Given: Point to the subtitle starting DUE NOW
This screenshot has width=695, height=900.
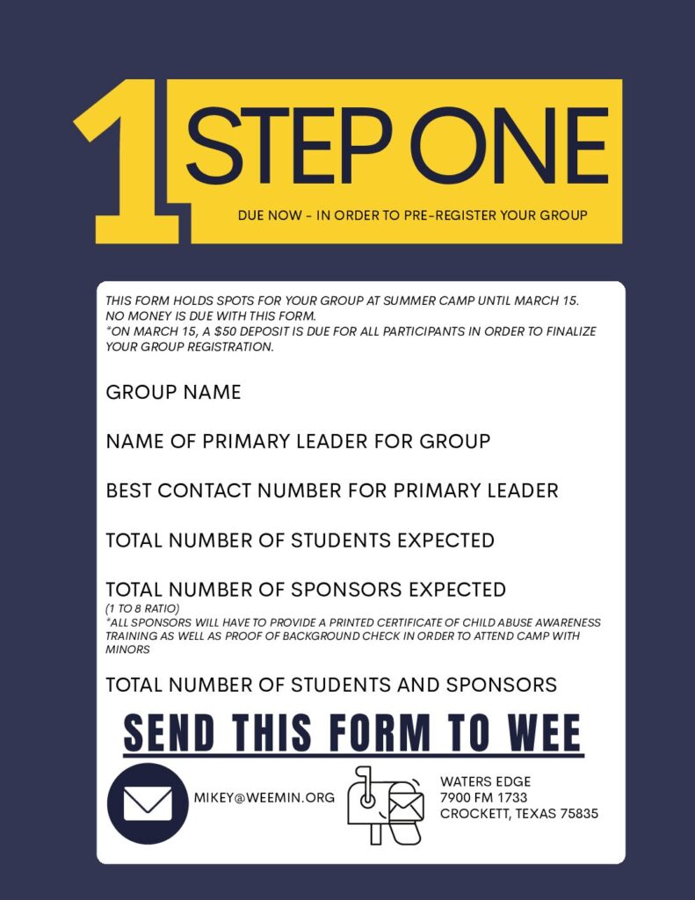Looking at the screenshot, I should tap(412, 215).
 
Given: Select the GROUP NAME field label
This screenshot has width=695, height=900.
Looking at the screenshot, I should tap(173, 392).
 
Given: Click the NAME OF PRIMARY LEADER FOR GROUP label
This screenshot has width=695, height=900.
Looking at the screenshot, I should tap(298, 441).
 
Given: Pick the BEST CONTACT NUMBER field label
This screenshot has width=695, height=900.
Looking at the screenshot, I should tap(331, 490).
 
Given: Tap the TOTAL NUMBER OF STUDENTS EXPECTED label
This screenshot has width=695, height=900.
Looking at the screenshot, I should tap(300, 540).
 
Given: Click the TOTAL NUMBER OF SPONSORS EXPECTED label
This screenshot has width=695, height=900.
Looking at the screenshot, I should tap(306, 589).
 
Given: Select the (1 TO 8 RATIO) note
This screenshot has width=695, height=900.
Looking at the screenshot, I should tap(142, 608).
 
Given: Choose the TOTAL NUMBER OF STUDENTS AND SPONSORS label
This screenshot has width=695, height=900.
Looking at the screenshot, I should tap(331, 685).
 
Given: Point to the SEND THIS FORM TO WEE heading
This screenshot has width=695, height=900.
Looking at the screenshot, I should tap(352, 734).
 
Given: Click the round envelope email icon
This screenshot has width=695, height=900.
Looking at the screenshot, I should tap(148, 804).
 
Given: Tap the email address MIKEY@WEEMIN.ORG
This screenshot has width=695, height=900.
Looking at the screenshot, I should tap(264, 798).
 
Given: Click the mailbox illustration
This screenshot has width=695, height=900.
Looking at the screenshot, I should tap(385, 805).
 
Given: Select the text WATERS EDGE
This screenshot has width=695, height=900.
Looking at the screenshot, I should tap(485, 781).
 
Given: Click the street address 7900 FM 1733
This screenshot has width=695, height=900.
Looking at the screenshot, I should tap(484, 797).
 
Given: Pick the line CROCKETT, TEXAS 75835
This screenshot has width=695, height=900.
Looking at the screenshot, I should tap(519, 814).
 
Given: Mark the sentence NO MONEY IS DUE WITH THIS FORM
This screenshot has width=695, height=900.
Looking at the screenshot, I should tap(211, 316).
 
